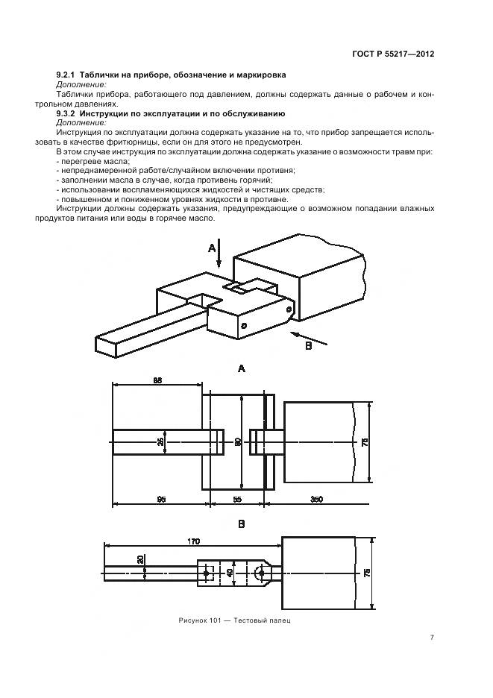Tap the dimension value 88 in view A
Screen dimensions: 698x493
click(x=157, y=380)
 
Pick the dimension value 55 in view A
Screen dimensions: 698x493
click(x=236, y=500)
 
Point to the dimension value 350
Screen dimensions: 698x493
click(x=316, y=500)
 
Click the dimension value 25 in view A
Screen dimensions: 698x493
click(x=161, y=442)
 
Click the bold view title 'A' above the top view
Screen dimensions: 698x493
click(x=241, y=368)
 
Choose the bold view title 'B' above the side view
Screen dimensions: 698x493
click(x=241, y=524)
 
